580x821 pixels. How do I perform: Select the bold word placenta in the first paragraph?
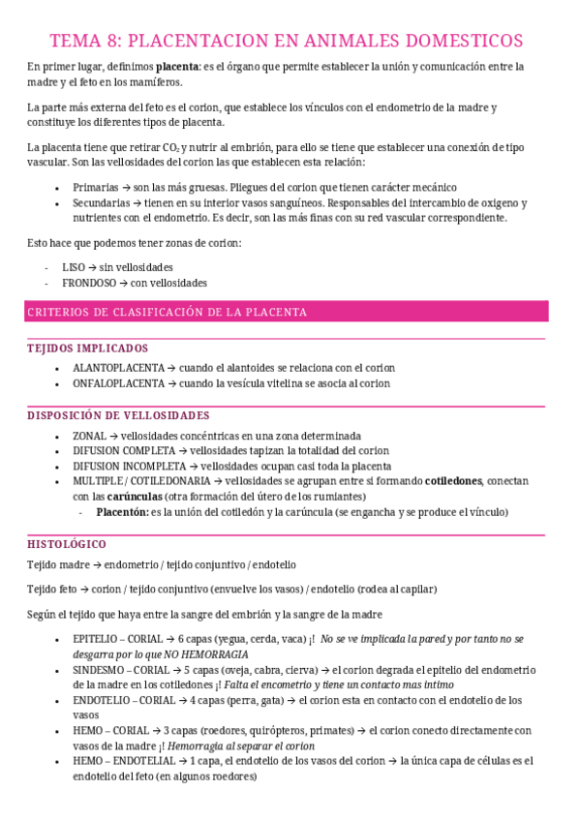178,67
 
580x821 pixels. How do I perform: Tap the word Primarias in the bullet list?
96,187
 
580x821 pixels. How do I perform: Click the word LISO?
74,267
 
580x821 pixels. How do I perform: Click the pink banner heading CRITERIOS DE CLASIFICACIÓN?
168,312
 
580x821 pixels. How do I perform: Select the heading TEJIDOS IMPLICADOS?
88,348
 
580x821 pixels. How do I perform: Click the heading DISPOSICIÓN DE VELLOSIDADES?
118,415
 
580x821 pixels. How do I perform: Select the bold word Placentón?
122,512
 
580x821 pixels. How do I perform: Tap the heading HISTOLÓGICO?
67,544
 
